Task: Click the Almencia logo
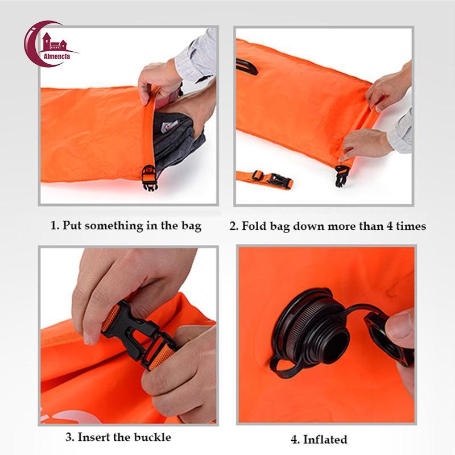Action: (x=50, y=44)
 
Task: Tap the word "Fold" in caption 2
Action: (x=254, y=226)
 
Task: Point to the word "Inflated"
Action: (x=325, y=439)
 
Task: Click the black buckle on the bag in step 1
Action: (x=150, y=177)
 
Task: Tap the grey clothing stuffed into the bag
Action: (x=176, y=139)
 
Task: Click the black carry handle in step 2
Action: (x=246, y=67)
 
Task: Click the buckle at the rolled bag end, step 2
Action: (x=342, y=175)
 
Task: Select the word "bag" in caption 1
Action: (x=192, y=226)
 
